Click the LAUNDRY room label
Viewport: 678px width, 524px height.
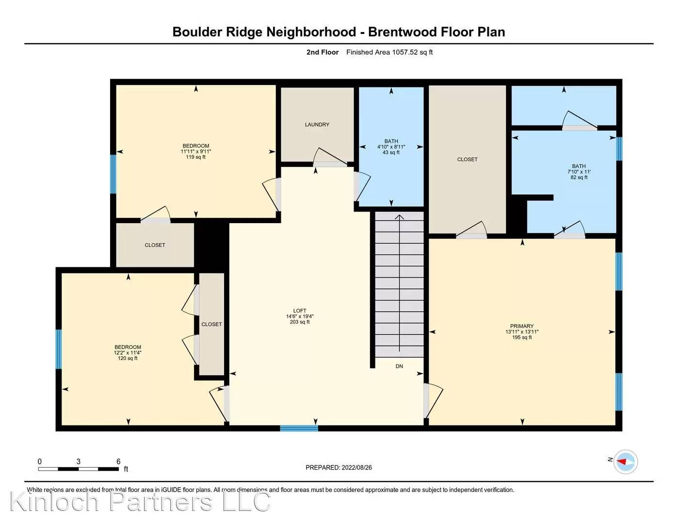coord(317,125)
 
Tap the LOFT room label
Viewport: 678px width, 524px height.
coord(300,316)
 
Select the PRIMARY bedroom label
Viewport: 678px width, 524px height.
coord(522,331)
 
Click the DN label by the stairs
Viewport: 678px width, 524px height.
coord(399,366)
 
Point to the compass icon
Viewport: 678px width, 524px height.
coord(626,461)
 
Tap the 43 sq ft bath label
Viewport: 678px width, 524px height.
coord(391,147)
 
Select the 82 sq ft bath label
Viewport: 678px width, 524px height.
coord(579,171)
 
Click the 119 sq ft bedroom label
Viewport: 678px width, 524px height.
coord(196,151)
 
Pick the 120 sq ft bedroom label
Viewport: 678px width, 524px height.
coord(128,353)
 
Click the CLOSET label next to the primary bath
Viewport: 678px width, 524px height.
coord(468,159)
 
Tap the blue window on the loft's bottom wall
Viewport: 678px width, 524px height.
coord(299,428)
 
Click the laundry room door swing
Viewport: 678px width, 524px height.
coord(330,157)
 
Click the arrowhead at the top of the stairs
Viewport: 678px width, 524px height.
coord(399,217)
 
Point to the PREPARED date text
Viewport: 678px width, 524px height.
coord(339,468)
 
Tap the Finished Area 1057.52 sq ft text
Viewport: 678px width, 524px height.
coord(389,52)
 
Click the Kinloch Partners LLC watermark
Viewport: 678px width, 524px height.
coord(141,502)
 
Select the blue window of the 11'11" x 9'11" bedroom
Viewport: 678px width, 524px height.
coord(113,174)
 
